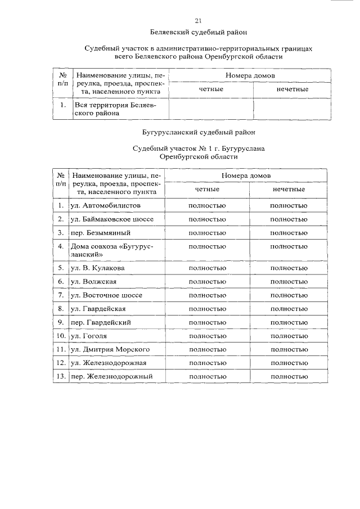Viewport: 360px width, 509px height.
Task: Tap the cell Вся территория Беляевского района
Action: coord(112,109)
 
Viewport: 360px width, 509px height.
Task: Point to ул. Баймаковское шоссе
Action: coord(111,218)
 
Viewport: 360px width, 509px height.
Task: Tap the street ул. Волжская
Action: coord(93,281)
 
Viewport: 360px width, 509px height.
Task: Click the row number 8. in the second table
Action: coord(61,309)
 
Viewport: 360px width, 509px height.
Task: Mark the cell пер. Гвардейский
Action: coord(101,322)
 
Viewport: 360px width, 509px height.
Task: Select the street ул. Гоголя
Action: coord(88,336)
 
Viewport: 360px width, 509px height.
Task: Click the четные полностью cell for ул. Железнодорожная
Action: coord(207,363)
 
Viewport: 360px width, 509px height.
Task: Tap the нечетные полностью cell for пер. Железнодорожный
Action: coord(289,376)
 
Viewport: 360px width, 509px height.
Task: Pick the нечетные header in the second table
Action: coord(289,190)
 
